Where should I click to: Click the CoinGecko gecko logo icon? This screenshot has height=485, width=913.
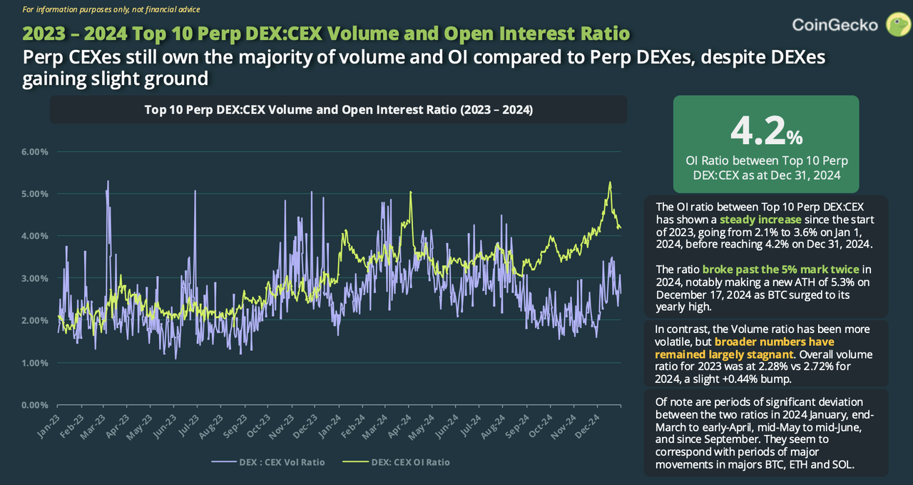pyautogui.click(x=897, y=24)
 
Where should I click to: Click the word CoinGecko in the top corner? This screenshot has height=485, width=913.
pyautogui.click(x=835, y=25)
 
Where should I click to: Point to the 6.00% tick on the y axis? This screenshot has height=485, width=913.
pyautogui.click(x=34, y=152)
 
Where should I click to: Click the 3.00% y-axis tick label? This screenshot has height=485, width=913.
pyautogui.click(x=34, y=278)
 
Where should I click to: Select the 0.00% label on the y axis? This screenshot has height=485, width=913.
pyautogui.click(x=34, y=405)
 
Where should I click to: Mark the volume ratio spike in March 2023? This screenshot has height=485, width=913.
pyautogui.click(x=108, y=181)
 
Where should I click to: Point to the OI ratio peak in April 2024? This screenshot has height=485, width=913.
pyautogui.click(x=411, y=192)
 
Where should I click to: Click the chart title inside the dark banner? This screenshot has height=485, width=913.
pyautogui.click(x=338, y=110)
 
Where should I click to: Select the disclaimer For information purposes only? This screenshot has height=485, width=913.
pyautogui.click(x=111, y=9)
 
